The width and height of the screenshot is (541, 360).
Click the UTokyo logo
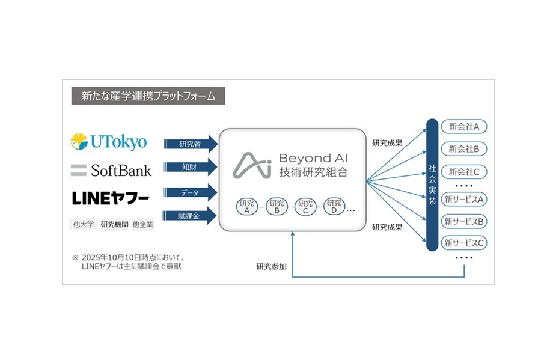point(109,142)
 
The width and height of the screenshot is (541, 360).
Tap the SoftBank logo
point(111,170)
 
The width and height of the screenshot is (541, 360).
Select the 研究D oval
point(335,207)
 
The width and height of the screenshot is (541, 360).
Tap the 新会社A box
point(464,127)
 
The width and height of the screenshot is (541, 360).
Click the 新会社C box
point(464,172)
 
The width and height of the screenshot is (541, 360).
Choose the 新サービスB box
point(464,221)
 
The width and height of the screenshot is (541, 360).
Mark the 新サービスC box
point(464,243)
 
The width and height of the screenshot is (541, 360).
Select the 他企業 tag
point(142,225)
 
